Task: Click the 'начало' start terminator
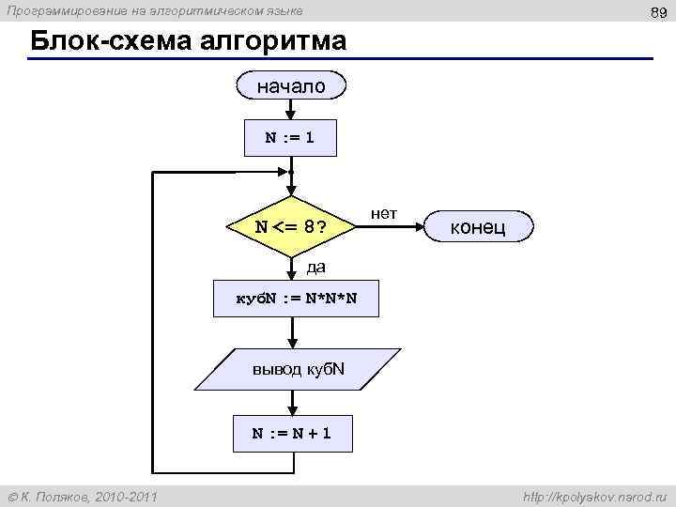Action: [293, 86]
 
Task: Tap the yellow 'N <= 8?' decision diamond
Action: [292, 227]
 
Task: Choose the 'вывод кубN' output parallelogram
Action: [299, 369]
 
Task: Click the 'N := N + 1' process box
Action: [291, 434]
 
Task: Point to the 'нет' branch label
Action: [383, 214]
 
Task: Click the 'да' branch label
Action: [315, 268]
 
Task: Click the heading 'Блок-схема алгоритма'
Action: [188, 42]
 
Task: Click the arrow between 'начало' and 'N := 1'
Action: [293, 109]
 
